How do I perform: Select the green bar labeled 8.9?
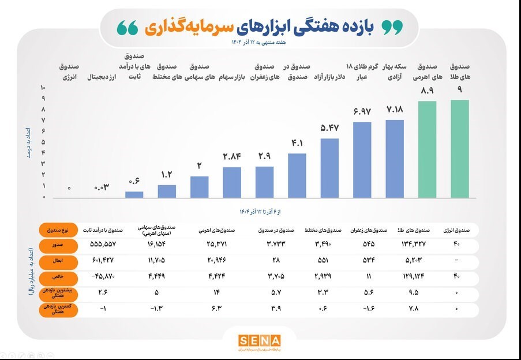(x=428, y=149)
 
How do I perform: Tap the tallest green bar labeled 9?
(x=460, y=149)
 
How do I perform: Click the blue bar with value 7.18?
(x=395, y=159)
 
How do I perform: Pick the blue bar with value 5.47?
(x=329, y=168)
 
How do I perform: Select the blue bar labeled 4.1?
(x=297, y=175)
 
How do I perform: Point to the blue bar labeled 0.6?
(x=134, y=194)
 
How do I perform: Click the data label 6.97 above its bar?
(x=362, y=110)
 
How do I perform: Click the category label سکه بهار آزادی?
(x=395, y=71)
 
